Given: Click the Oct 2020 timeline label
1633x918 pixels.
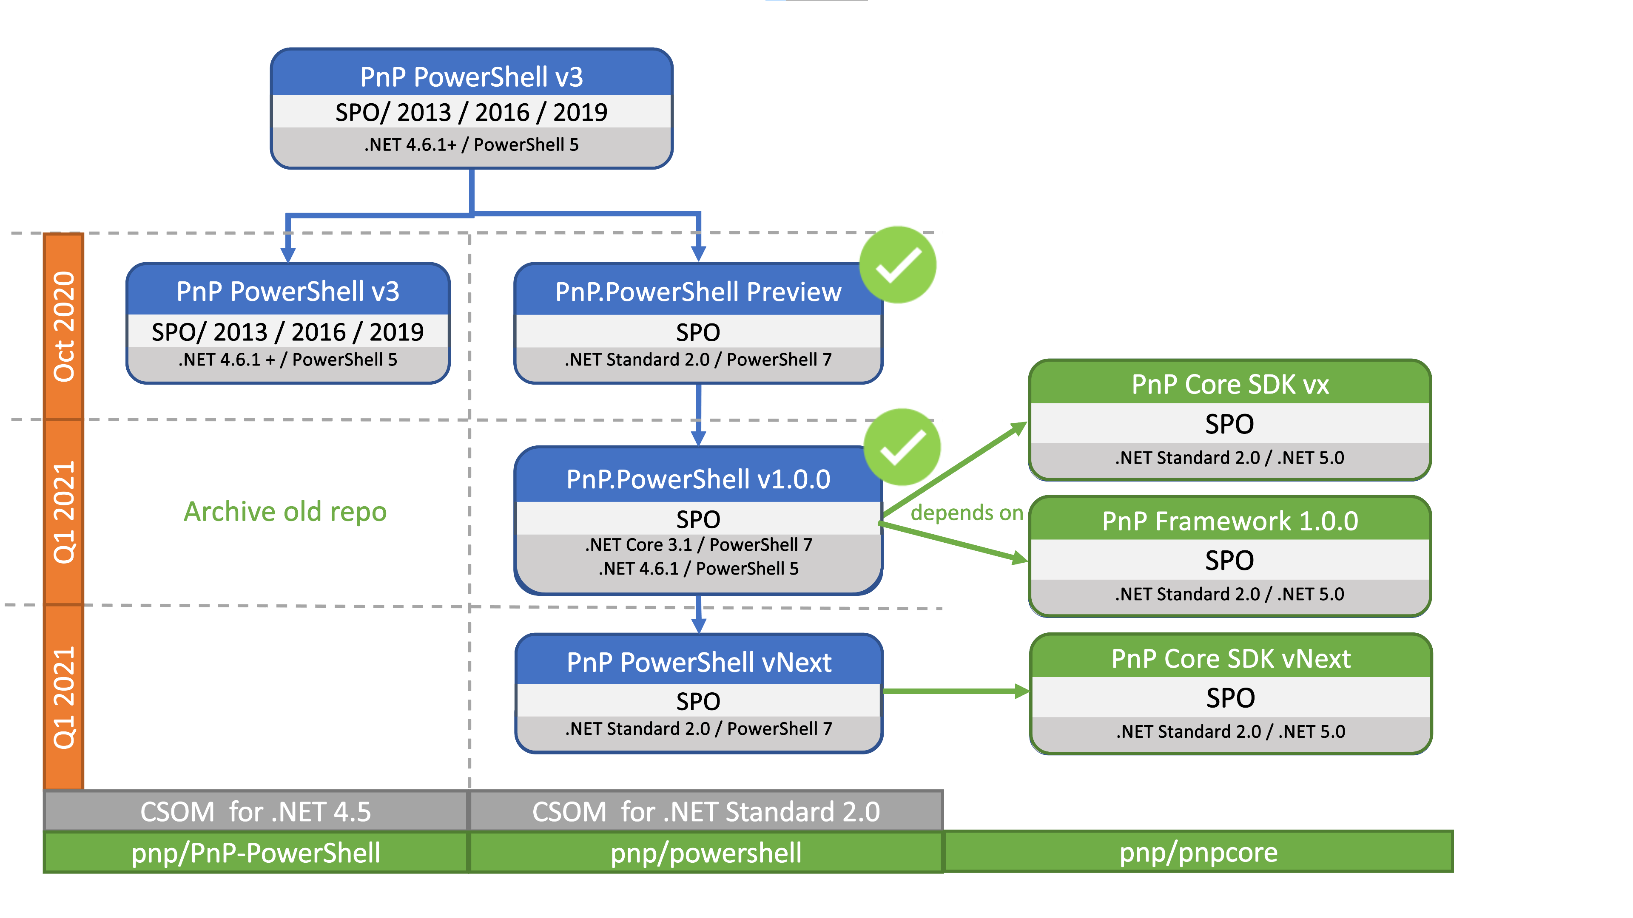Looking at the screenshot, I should pos(63,326).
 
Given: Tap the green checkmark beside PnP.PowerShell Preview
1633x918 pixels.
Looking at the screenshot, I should pos(898,265).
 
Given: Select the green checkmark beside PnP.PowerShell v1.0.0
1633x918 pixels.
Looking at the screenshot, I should pos(902,447).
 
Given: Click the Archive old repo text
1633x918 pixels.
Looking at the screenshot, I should pos(285,512).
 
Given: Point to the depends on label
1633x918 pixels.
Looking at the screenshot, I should pos(967,513).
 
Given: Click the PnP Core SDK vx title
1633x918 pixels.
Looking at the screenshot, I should pos(1230,385).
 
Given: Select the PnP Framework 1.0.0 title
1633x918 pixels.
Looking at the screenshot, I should pos(1230,521).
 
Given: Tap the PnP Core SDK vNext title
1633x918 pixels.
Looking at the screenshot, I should pos(1230,659).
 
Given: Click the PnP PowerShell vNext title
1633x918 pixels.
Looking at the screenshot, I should pos(699,663).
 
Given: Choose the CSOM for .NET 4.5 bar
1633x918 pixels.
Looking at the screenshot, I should pos(256,812).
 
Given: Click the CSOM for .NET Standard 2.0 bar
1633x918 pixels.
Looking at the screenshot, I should pos(706,812).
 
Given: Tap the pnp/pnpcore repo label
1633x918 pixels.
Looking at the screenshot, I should pos(1198,852).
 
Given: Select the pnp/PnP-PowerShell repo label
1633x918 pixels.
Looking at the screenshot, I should pos(256,853).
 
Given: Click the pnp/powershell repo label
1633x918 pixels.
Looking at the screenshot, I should pos(706,853).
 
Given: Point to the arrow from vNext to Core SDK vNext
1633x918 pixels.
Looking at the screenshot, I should pos(954,691).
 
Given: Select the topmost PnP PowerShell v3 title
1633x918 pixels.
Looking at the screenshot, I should pos(471,76).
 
